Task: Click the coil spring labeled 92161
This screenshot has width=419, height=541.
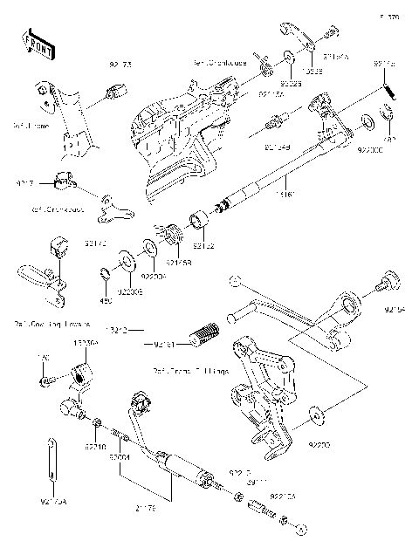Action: tap(205, 333)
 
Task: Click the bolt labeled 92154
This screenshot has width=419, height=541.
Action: tap(386, 307)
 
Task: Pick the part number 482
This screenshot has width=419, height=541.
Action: tap(391, 139)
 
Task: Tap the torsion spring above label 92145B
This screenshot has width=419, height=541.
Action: tap(171, 236)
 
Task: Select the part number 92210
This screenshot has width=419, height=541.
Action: tap(95, 446)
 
